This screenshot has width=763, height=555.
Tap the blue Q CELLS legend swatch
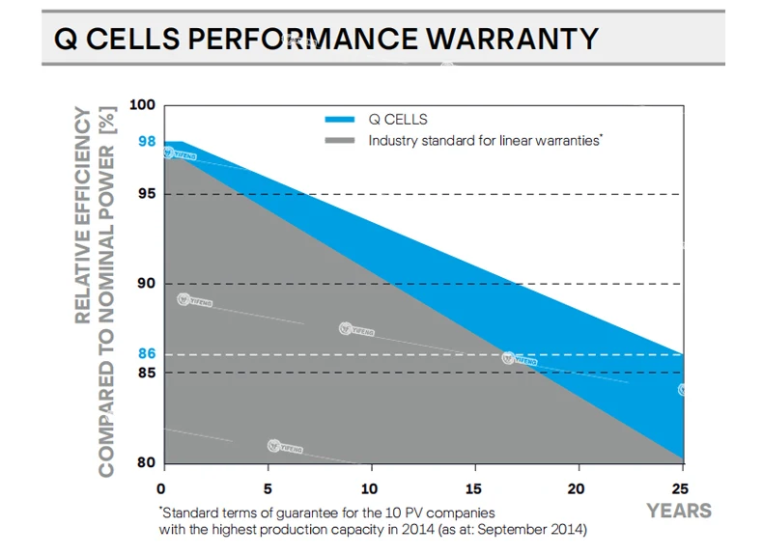point(340,120)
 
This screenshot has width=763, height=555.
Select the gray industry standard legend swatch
point(340,141)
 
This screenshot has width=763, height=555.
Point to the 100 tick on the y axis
point(142,105)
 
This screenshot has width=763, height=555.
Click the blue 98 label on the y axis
point(146,141)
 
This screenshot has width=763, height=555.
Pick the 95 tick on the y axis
point(146,194)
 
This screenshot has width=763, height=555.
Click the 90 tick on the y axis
point(146,284)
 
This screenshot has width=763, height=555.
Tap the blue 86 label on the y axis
point(146,354)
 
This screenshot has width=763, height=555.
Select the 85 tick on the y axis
point(146,373)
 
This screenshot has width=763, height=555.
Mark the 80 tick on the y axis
point(146,461)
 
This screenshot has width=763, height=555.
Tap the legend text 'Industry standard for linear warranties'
point(486,141)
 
